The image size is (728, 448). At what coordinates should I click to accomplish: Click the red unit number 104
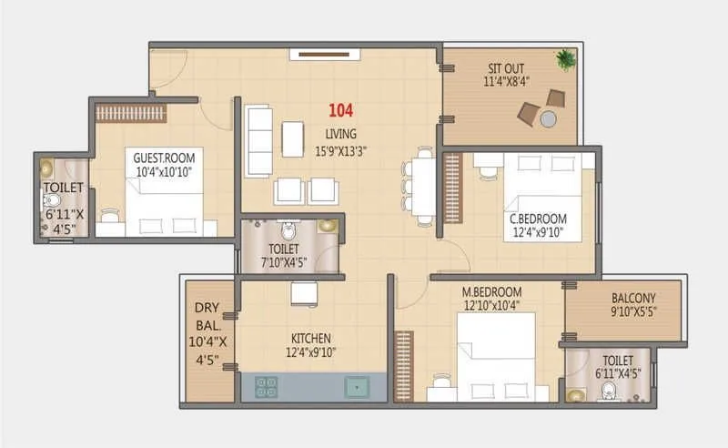pos(341,111)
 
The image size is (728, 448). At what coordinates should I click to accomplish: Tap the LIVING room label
pos(341,134)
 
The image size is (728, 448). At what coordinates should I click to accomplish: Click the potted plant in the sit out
pos(566,60)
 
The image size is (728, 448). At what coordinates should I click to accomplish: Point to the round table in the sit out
pos(548,118)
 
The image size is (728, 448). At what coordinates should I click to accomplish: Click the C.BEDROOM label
pos(538,219)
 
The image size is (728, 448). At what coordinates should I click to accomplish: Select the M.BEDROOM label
pos(492,291)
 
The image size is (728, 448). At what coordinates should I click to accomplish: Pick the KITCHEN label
pos(311,338)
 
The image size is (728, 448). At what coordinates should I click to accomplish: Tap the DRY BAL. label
pos(205,315)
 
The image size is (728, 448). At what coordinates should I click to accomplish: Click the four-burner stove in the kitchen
pos(267,387)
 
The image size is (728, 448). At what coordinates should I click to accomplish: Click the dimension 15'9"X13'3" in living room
pos(341,151)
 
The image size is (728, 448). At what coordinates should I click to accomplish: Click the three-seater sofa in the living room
pos(258,142)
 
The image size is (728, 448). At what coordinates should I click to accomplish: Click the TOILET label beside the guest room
pos(63,188)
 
